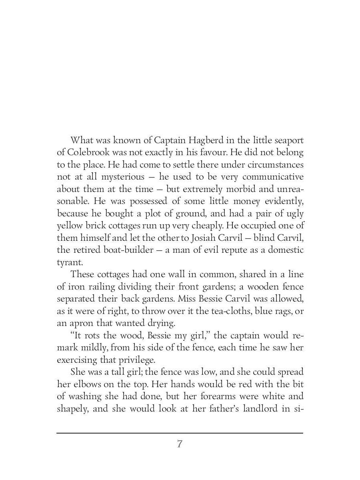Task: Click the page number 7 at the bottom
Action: (180, 444)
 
